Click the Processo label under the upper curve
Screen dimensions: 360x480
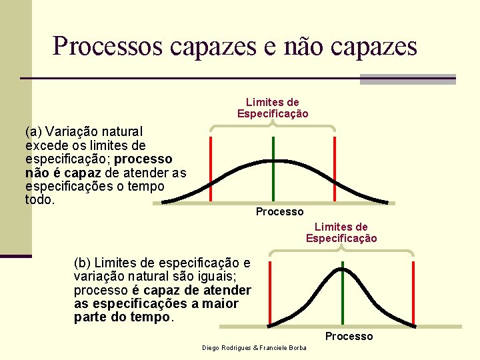pos(279,211)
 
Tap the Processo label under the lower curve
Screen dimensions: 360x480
pos(349,336)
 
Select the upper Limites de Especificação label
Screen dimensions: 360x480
pos(273,108)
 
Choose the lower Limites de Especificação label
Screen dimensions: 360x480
pos(341,233)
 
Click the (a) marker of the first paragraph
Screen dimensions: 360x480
pos(34,131)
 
